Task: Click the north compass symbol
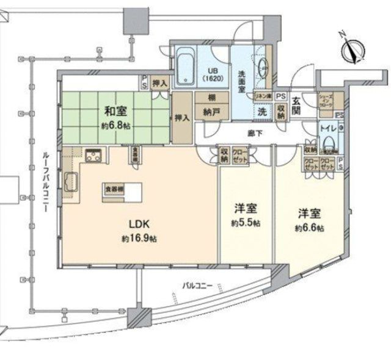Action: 353,50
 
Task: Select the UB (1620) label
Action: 212,74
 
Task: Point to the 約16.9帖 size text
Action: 139,239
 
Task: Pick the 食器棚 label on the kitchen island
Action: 113,190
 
